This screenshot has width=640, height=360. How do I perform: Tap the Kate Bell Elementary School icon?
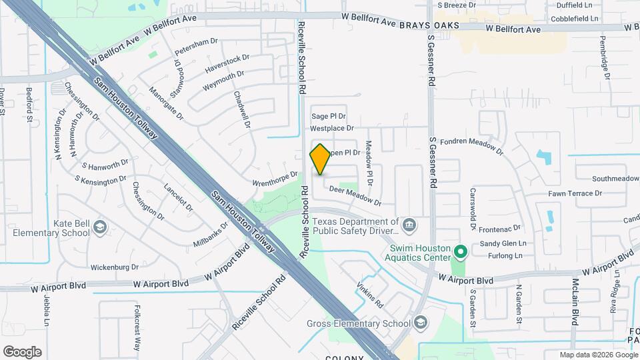[x=99, y=227]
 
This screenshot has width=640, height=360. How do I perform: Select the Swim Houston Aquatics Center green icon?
[x=460, y=251]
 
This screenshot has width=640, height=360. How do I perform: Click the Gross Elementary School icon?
[x=420, y=323]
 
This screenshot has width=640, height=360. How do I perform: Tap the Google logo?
[x=22, y=352]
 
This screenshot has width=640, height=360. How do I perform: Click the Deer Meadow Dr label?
[x=355, y=196]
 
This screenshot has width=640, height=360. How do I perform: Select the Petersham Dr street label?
[x=196, y=47]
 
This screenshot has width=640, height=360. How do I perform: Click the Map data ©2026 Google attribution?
[x=598, y=355]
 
